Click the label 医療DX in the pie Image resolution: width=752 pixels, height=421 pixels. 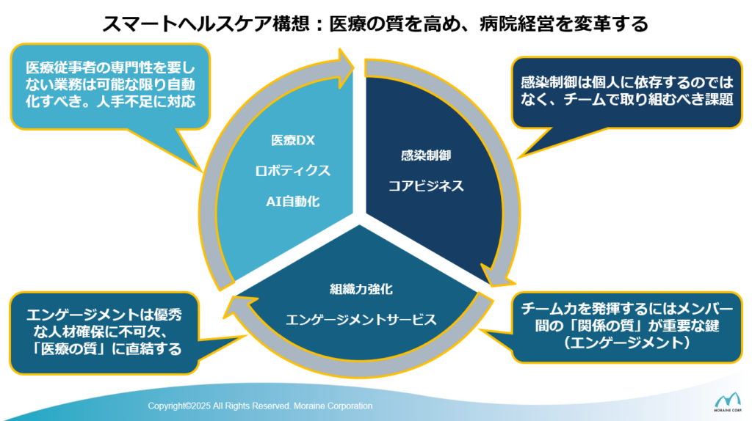point(292,140)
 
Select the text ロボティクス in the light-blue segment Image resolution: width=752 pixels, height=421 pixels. point(292,171)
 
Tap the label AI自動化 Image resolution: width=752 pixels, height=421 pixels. point(292,202)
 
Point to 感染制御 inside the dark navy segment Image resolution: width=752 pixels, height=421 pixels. point(426,155)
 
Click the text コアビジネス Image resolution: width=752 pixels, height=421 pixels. point(426,186)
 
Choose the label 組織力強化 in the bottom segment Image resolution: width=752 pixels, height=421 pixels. point(361,289)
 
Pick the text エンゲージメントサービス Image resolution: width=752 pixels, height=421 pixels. point(361,320)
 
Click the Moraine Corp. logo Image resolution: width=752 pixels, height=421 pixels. point(727,401)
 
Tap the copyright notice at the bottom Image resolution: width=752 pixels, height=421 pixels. point(260,406)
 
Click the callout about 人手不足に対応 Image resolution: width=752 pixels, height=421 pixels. point(110,87)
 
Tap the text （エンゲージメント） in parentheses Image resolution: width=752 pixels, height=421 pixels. point(627,343)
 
